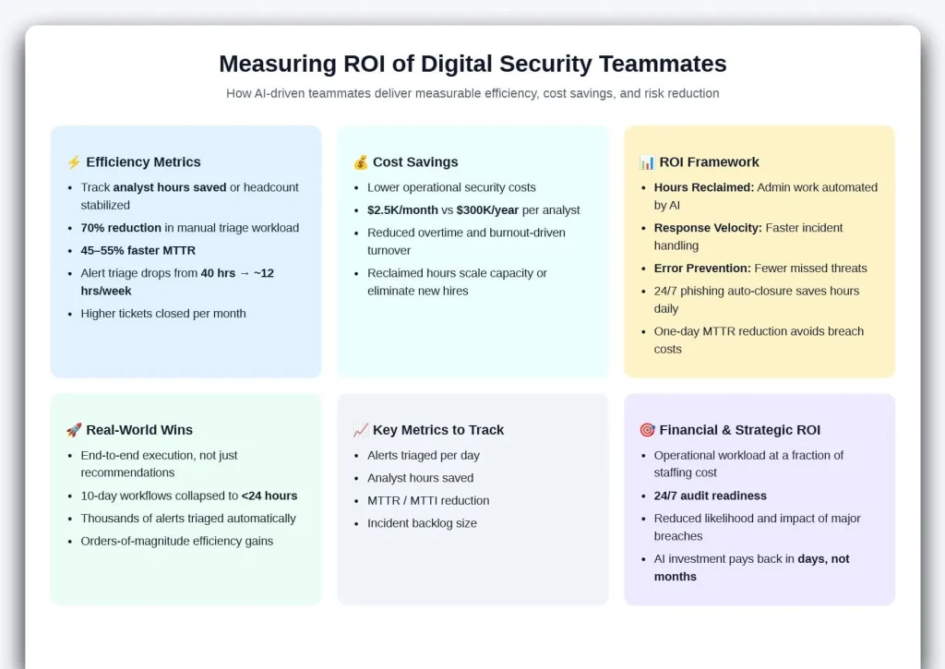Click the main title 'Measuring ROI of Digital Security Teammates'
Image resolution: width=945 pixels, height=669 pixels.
tap(472, 64)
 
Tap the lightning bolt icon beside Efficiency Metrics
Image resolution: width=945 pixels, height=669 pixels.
tap(74, 162)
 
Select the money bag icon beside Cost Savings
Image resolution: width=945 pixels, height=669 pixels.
tap(361, 162)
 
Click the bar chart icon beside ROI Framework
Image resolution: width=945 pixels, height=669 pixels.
tap(647, 162)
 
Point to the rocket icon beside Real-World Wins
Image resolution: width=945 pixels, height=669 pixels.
tap(74, 430)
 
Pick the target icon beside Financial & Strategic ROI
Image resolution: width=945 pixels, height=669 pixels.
tap(647, 430)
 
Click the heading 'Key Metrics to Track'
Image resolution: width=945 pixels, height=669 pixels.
tap(437, 430)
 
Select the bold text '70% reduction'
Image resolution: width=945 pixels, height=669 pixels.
tap(121, 228)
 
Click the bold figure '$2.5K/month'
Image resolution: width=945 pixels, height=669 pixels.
tap(404, 209)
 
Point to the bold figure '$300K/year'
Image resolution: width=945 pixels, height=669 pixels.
tap(487, 209)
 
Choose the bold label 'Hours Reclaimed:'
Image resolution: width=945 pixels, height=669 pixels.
tap(704, 187)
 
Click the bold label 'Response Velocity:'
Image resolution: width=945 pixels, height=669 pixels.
tap(708, 228)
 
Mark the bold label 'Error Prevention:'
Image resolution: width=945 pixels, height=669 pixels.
tap(702, 269)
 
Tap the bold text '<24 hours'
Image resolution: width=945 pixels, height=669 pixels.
tap(269, 496)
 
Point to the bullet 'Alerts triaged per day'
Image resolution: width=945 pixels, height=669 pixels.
tap(424, 455)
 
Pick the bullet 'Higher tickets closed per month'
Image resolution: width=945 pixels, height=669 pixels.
tap(163, 314)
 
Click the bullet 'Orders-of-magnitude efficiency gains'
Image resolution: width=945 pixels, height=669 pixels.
tap(177, 541)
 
